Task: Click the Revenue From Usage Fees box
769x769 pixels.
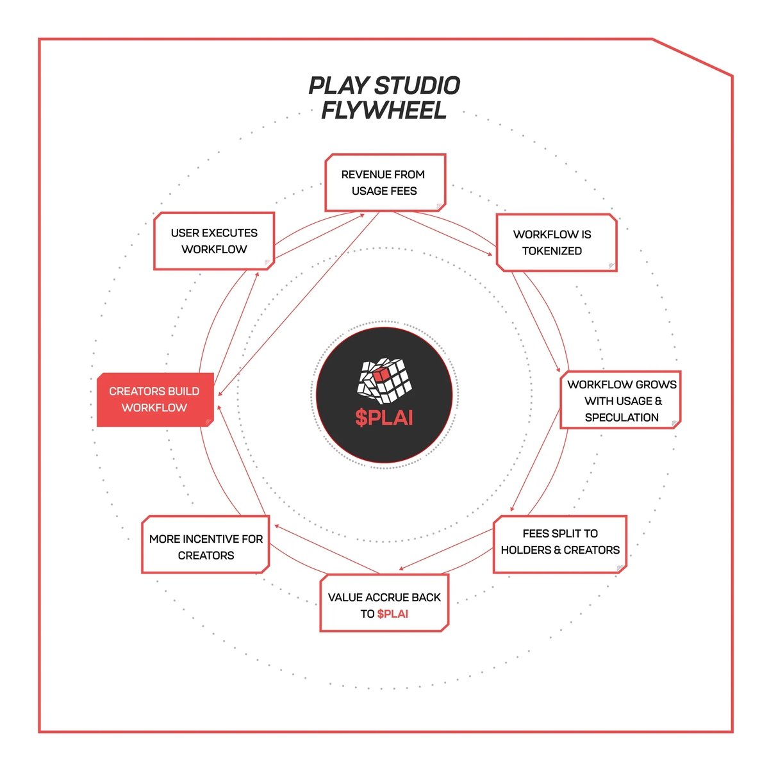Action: click(384, 183)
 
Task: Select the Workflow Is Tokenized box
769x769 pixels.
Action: click(556, 243)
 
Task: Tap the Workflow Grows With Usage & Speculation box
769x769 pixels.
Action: click(620, 401)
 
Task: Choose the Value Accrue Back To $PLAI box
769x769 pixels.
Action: click(384, 604)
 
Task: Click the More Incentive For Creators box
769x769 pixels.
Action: click(205, 545)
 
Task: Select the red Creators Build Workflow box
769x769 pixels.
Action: click(154, 399)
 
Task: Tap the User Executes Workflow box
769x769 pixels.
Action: click(214, 241)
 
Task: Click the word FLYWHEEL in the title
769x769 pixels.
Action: click(383, 111)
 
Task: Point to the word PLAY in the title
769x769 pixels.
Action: click(338, 86)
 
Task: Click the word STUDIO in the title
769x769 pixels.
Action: click(417, 86)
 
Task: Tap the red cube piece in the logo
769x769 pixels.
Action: click(381, 373)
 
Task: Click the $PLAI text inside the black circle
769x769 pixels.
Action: click(384, 417)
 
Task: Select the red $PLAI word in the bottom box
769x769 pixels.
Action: click(393, 614)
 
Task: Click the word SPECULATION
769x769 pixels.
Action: click(622, 417)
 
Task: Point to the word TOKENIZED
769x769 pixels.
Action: click(552, 251)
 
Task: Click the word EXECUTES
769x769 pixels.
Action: click(230, 233)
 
